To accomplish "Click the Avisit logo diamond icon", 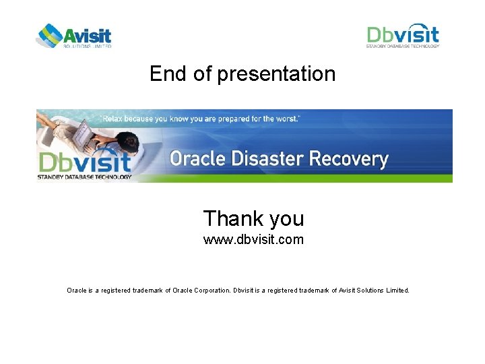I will (48, 35).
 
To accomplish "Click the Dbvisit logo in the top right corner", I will (403, 36).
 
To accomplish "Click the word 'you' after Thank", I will (286, 219).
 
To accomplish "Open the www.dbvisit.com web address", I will (253, 239).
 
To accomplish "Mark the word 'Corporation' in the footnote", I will (211, 291).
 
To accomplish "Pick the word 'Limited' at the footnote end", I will (395, 291).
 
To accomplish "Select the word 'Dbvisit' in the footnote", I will (244, 291).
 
